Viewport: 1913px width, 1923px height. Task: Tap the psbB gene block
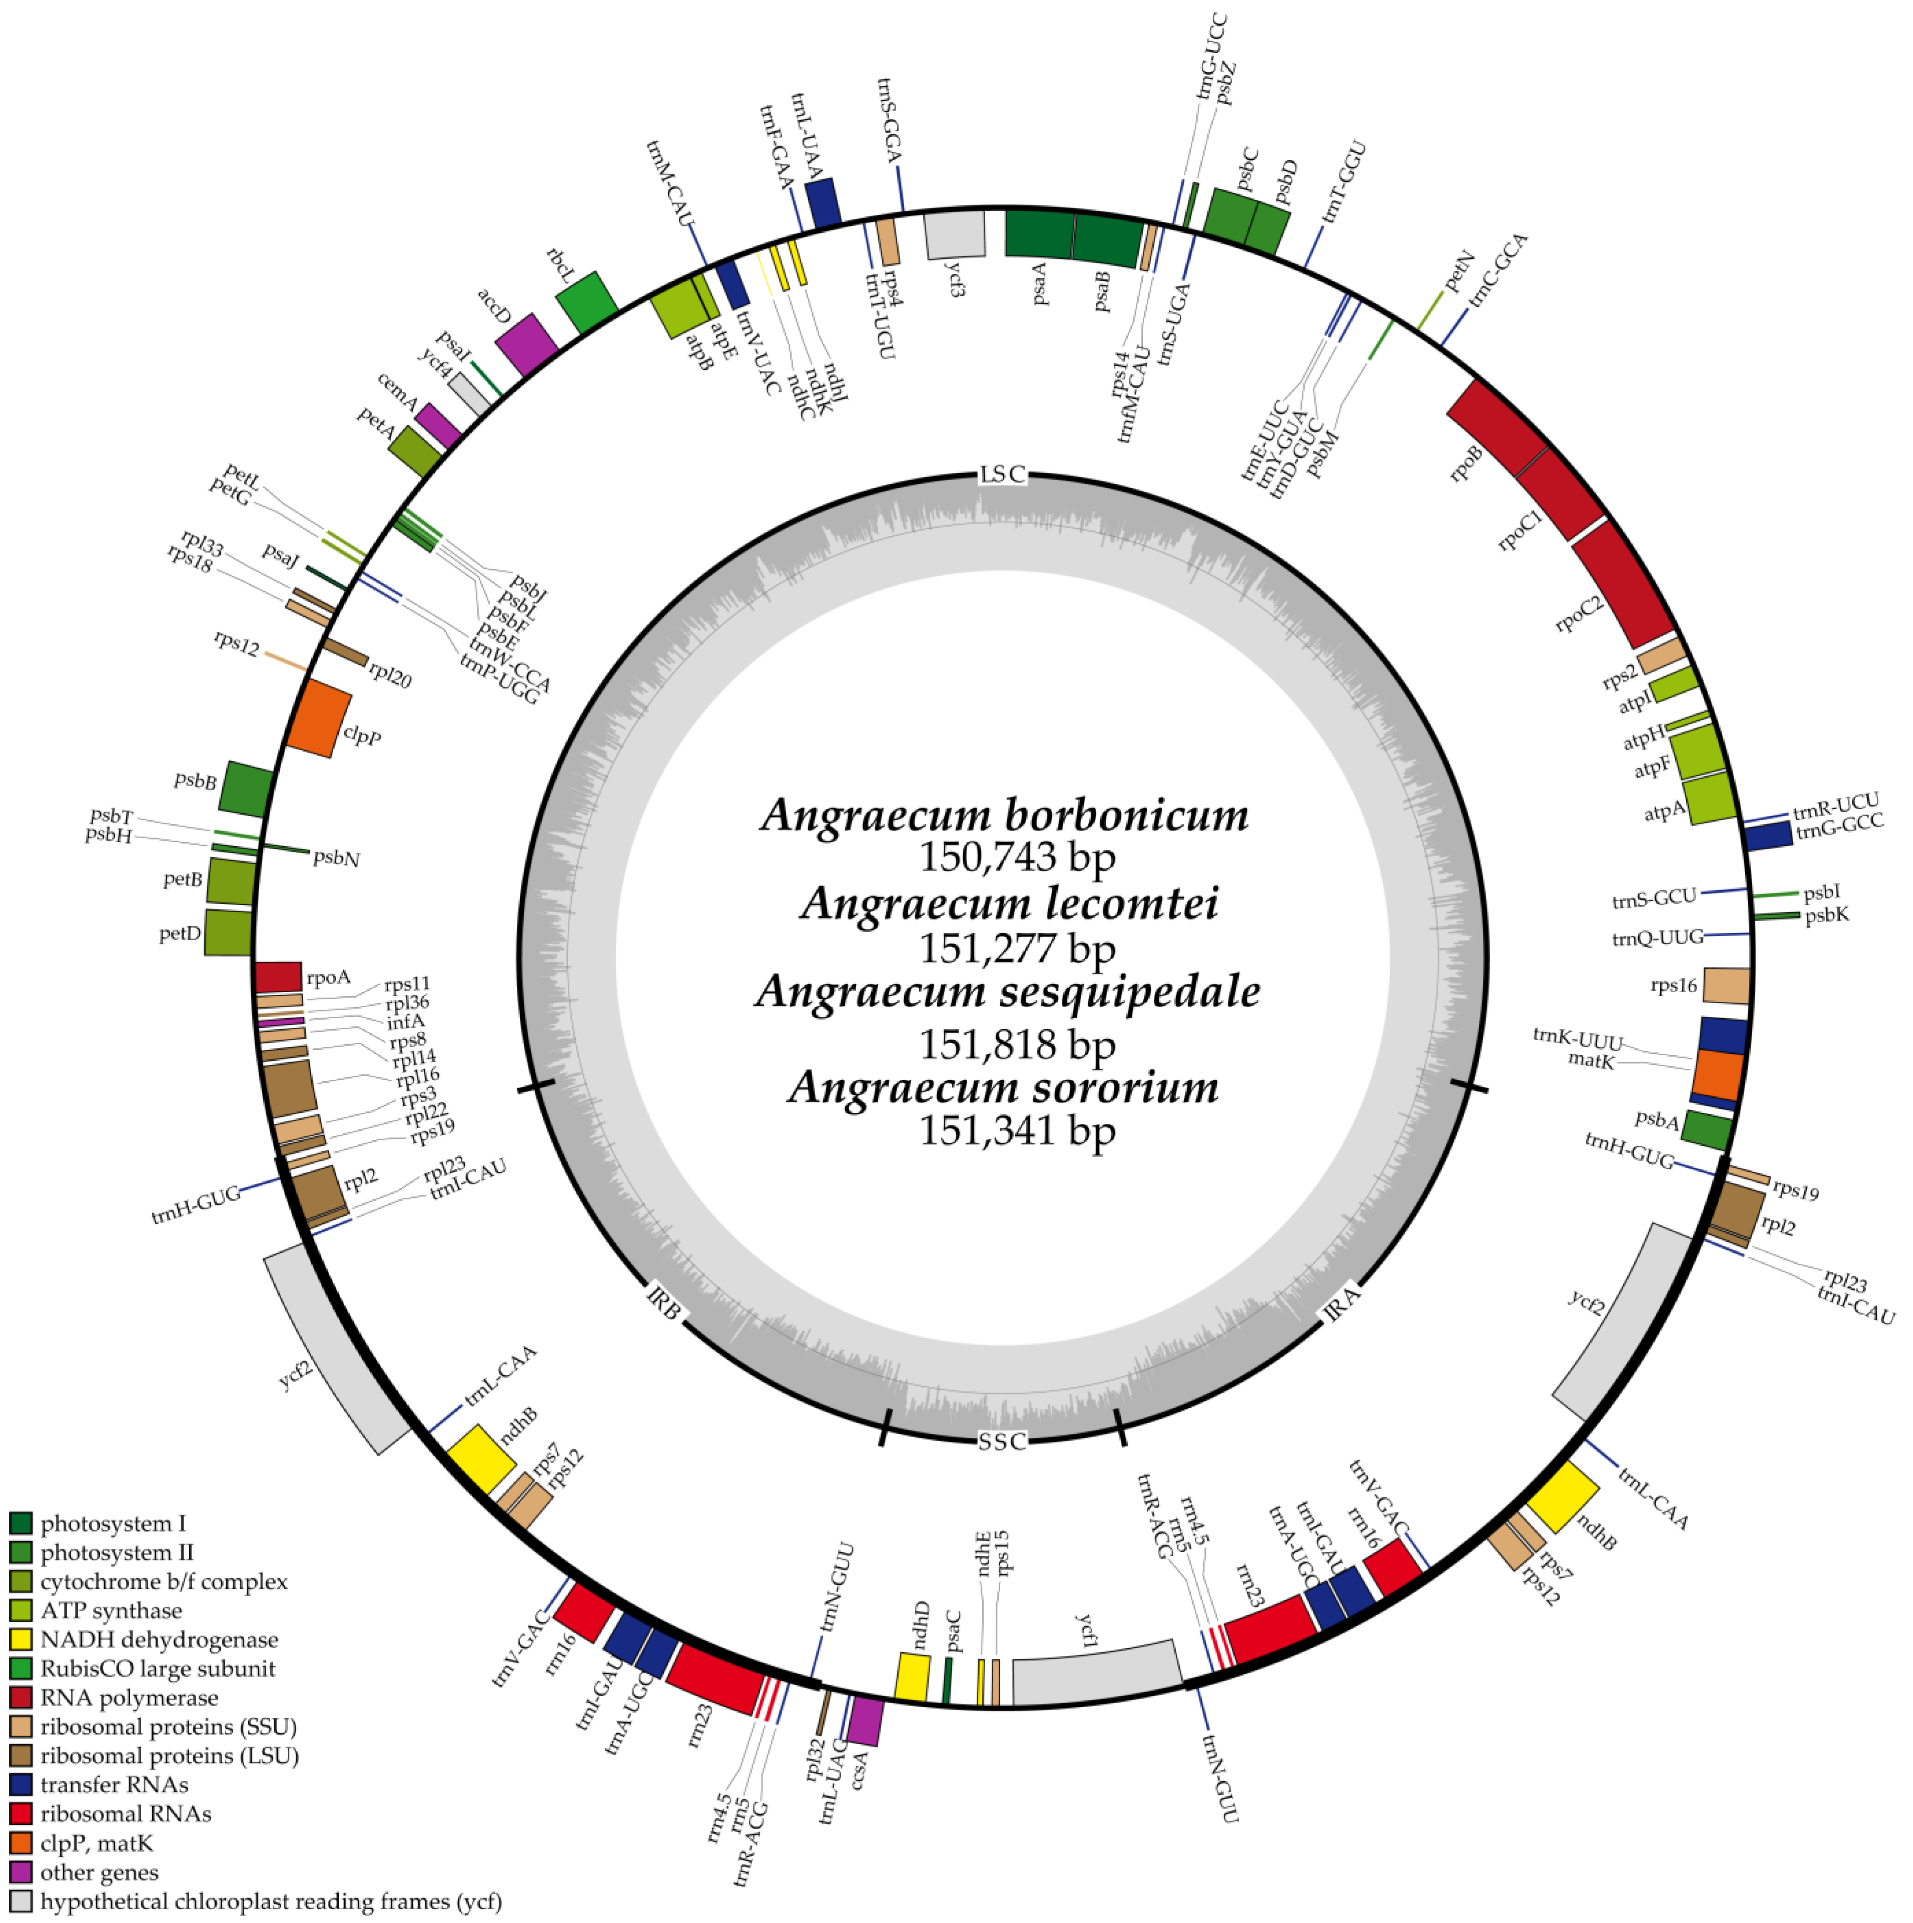click(x=246, y=788)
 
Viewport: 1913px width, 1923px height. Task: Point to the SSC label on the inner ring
click(x=1001, y=1441)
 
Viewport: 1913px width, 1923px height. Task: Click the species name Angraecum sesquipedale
click(x=1007, y=991)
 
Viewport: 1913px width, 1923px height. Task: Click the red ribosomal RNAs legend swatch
click(x=21, y=1814)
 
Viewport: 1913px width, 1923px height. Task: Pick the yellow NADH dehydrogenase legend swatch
click(x=21, y=1640)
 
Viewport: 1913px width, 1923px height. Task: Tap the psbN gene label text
click(x=336, y=858)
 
